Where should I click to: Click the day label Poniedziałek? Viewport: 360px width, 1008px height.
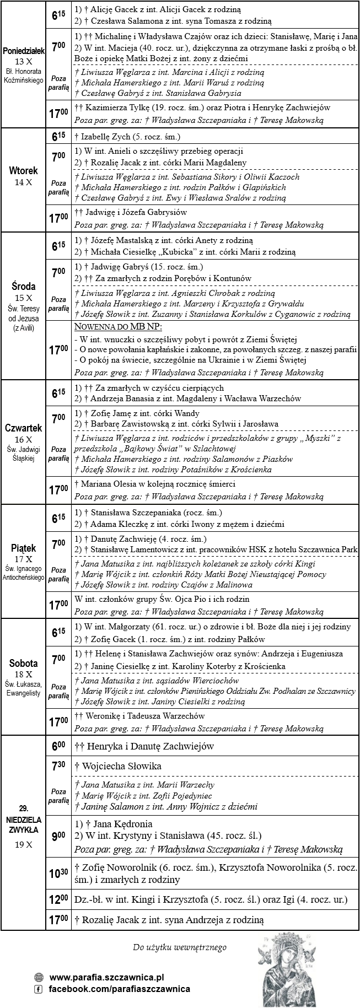click(x=23, y=51)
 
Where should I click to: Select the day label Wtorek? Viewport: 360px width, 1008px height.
click(x=23, y=171)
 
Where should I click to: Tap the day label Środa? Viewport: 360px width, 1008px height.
click(x=23, y=287)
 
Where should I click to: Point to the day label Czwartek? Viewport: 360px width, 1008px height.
click(x=23, y=428)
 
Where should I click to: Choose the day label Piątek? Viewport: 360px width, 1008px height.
click(x=23, y=548)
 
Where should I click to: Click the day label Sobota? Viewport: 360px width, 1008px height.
click(x=23, y=664)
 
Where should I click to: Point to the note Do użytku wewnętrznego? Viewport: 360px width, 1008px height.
click(x=180, y=947)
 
